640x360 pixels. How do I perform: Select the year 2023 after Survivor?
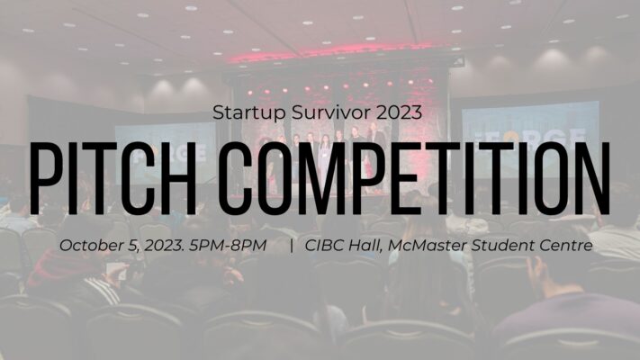[x=399, y=112]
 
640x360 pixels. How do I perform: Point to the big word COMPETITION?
[x=414, y=178]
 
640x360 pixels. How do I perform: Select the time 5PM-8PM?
[x=228, y=246]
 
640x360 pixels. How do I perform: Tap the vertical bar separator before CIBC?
[x=292, y=246]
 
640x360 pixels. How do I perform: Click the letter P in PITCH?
[x=44, y=178]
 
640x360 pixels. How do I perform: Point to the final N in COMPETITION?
[x=593, y=178]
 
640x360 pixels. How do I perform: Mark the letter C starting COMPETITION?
[x=233, y=178]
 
